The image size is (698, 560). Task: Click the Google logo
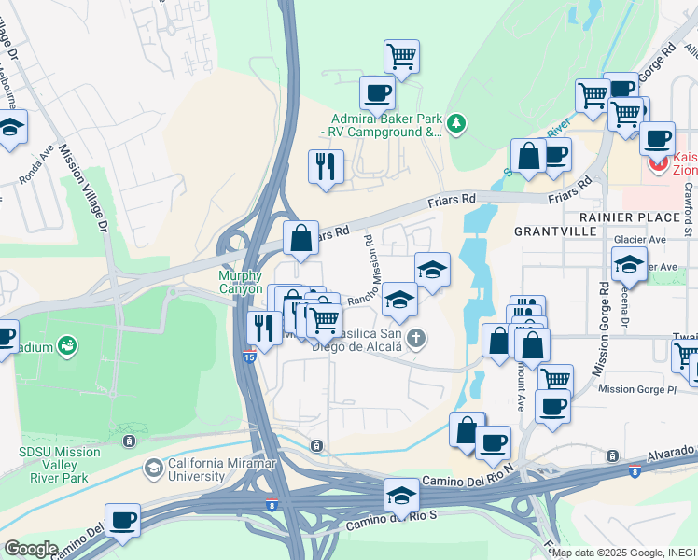point(30,549)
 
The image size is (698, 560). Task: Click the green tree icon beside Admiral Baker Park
point(456,122)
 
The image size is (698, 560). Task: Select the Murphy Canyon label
point(241,282)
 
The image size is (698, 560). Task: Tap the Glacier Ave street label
point(644,239)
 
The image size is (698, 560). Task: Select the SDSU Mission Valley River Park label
point(60,458)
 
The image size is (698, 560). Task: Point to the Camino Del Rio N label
point(468,480)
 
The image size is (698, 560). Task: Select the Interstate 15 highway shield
point(248,356)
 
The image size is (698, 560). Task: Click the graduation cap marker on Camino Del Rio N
point(401,494)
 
